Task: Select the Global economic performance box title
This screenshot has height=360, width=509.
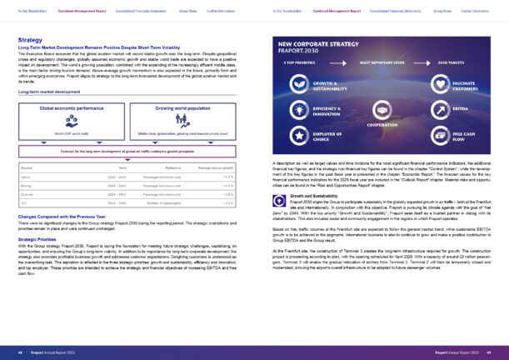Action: tap(72, 108)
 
